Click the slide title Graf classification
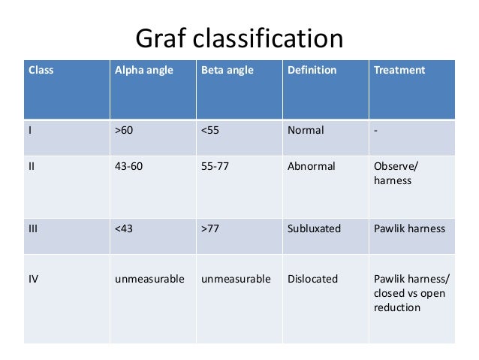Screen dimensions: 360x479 [239, 38]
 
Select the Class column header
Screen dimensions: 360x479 [41, 70]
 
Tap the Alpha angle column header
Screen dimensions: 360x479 [144, 70]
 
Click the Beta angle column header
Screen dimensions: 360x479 [227, 70]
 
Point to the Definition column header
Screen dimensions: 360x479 [312, 70]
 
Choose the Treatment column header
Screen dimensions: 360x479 [399, 70]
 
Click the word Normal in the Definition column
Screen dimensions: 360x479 [306, 130]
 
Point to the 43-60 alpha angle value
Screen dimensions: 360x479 [128, 166]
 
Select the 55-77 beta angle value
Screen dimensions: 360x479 [215, 166]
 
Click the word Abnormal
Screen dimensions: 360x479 [311, 166]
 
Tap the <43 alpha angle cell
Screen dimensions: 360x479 [124, 228]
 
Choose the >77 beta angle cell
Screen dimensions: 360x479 [210, 228]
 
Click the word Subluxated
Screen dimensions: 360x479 [314, 228]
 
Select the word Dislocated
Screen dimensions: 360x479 [312, 279]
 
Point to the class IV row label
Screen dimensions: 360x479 [34, 279]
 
